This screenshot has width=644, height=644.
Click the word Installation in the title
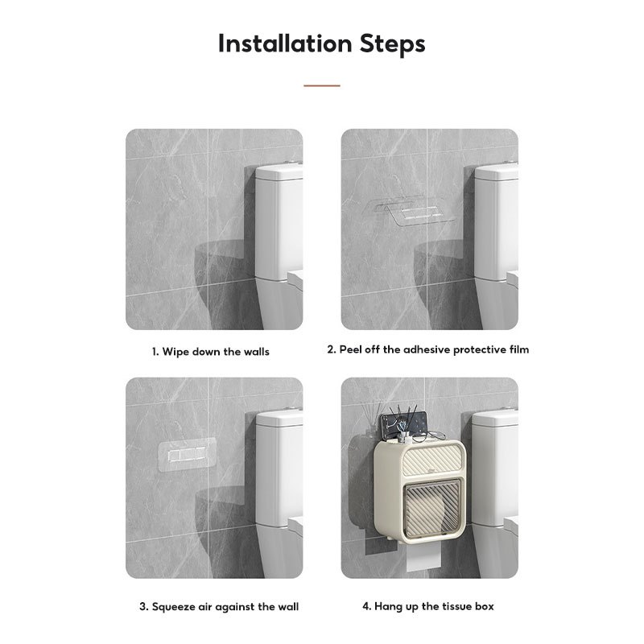coord(285,43)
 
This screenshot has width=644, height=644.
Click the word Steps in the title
coord(392,44)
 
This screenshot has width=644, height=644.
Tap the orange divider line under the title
coord(321,85)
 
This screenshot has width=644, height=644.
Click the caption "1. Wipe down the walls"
coord(211,352)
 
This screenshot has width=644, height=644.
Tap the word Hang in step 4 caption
coord(388,607)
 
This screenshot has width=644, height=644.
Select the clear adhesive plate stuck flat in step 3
coord(188,454)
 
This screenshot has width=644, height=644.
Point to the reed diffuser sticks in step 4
coord(368,415)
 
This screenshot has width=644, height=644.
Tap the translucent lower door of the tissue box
coord(431,508)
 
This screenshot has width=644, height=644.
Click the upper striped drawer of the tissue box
coord(432,460)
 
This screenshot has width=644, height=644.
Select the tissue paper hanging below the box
coord(424,558)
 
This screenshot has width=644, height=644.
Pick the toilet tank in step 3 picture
coord(279,469)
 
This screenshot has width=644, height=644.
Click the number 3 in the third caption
coord(143,607)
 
